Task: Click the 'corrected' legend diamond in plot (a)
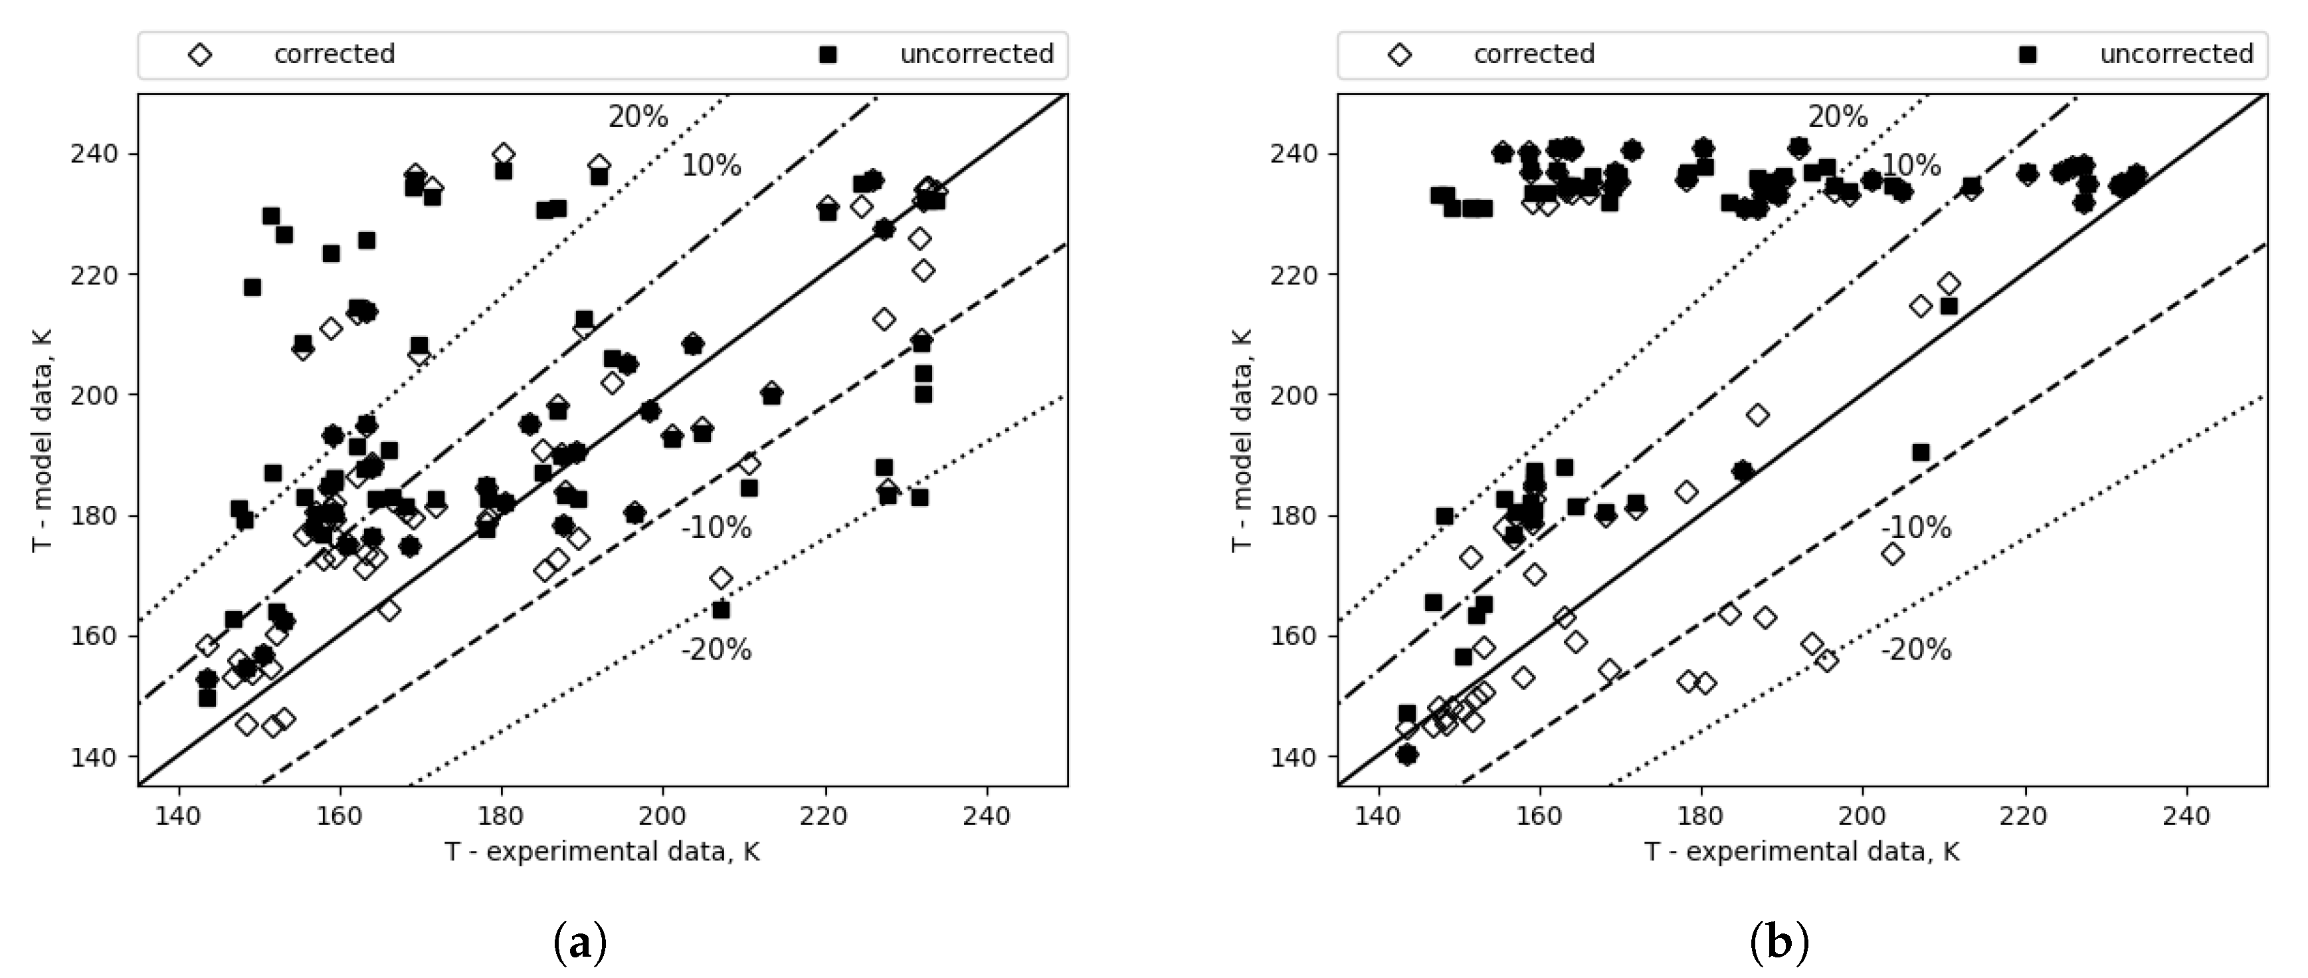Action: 200,55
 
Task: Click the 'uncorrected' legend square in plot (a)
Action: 828,55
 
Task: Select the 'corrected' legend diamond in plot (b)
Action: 1400,55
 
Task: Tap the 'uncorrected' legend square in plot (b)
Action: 2028,55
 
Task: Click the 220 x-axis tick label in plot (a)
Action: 824,816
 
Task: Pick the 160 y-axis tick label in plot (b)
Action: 1294,636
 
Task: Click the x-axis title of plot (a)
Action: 602,852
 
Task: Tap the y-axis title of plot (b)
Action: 1241,440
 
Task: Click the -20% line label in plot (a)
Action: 717,650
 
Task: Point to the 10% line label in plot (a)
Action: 712,166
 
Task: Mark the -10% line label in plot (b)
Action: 1917,528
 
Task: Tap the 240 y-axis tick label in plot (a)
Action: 94,154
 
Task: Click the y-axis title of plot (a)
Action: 41,440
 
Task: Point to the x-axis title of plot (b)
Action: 1802,852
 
